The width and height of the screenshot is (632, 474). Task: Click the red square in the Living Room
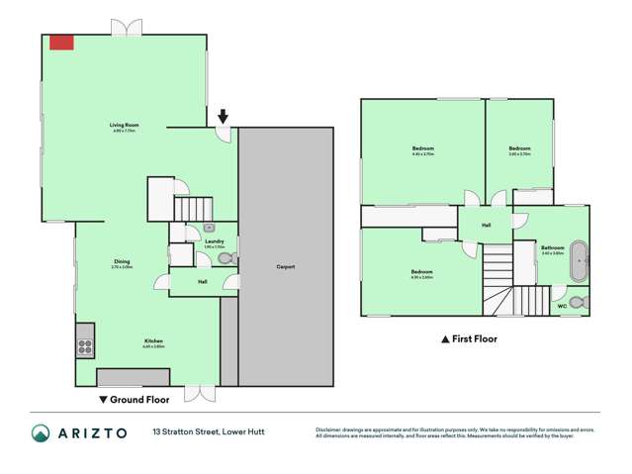[x=62, y=42]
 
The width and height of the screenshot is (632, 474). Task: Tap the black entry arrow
[x=224, y=118]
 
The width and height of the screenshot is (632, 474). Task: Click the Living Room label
[x=124, y=126]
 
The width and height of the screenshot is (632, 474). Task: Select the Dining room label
[x=122, y=262]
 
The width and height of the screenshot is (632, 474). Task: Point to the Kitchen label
[x=151, y=341]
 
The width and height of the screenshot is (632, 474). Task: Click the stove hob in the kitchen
[x=85, y=346]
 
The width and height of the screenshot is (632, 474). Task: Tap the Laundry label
[x=214, y=241]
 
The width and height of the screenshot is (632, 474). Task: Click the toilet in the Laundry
[x=226, y=258]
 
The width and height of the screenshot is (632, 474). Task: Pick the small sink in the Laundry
[x=209, y=228]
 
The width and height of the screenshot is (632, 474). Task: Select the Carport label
[x=286, y=266]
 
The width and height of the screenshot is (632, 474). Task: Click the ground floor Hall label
[x=202, y=282]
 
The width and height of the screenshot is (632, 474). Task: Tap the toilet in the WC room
[x=580, y=301]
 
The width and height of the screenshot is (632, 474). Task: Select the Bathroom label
[x=552, y=247]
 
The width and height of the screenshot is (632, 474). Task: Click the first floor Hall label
[x=487, y=226]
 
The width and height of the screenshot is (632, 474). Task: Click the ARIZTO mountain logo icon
[x=41, y=433]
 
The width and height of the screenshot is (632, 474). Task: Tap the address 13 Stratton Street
[x=208, y=431]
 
